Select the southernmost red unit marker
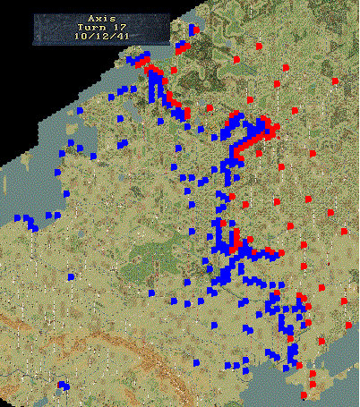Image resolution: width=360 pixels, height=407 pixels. [304, 394]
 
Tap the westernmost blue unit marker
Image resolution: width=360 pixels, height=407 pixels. [17, 217]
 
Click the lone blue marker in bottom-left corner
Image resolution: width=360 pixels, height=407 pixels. [63, 386]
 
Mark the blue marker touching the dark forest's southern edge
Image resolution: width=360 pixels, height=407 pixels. [150, 292]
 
